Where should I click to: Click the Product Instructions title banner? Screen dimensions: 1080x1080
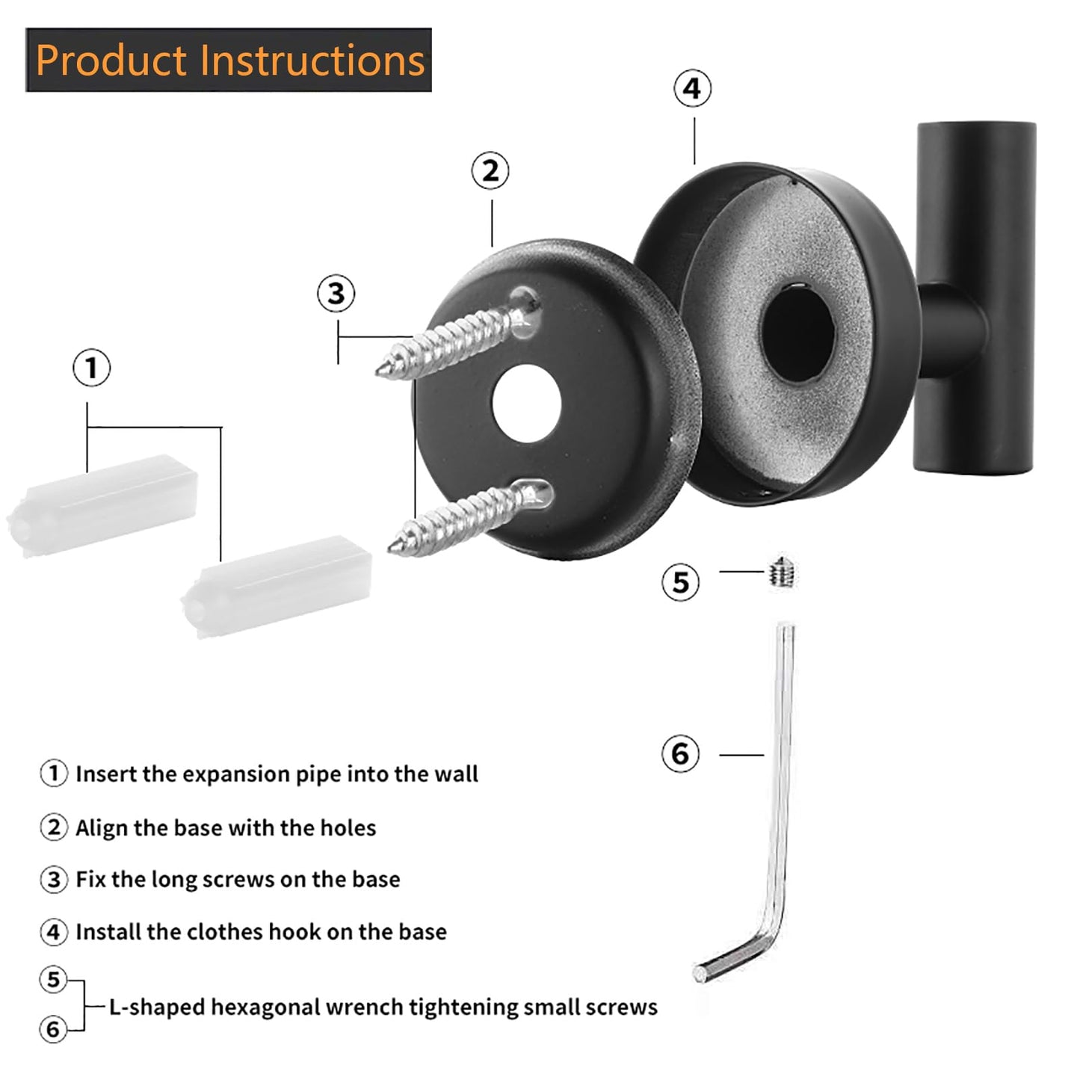coord(229,61)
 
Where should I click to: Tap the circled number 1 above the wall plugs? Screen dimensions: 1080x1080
coord(91,368)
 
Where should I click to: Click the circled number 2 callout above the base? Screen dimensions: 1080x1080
coord(490,171)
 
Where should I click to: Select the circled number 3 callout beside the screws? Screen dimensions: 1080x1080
coord(336,294)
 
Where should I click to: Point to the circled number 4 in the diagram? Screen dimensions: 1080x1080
coord(692,89)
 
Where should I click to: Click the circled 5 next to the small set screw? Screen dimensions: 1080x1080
coord(680,582)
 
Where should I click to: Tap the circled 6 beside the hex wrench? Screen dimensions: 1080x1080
coord(680,753)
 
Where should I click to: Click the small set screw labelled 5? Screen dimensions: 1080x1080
coord(783,573)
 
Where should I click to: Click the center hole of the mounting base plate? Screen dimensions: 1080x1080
coord(526,404)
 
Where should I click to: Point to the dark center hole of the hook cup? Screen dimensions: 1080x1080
coord(797,333)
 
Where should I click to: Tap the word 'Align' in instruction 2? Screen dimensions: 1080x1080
coord(102,828)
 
